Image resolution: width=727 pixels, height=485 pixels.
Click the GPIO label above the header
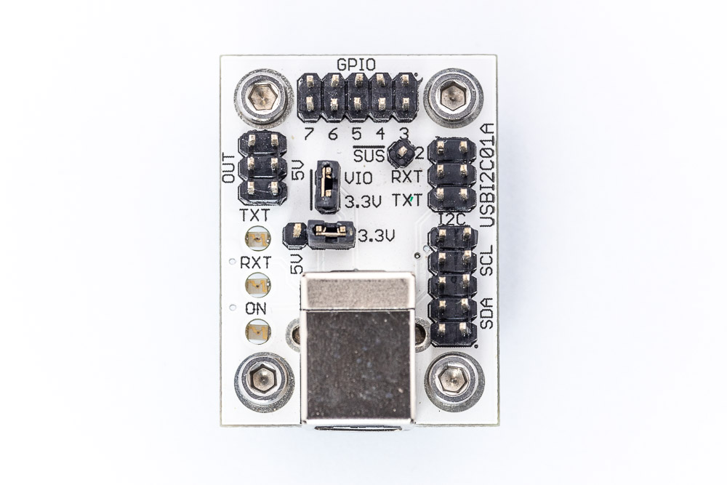tap(356, 64)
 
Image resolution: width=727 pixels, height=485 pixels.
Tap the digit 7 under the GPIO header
tap(308, 134)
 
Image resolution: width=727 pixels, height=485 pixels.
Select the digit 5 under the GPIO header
tap(356, 134)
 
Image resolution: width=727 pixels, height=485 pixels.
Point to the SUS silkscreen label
tap(369, 156)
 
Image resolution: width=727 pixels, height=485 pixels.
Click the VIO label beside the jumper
tap(358, 179)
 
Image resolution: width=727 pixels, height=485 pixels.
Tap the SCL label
tap(486, 260)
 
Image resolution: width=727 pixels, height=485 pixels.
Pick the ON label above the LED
tap(256, 308)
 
